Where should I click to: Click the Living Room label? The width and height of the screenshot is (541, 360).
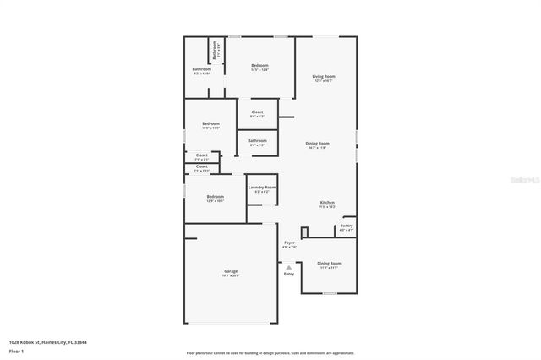[x=323, y=76]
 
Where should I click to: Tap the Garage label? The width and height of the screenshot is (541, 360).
[x=230, y=271]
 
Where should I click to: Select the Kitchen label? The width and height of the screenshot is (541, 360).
[x=327, y=202]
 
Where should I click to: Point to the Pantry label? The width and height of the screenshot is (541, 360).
[x=347, y=226]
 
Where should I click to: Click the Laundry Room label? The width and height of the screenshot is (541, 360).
[x=261, y=187]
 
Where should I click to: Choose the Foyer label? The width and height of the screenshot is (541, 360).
[x=289, y=243]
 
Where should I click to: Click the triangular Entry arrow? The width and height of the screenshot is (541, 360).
[x=288, y=266]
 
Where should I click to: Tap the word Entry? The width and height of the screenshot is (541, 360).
[x=289, y=274]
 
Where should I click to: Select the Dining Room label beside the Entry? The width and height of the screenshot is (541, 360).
[x=329, y=263]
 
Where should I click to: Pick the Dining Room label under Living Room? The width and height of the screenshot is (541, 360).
[x=317, y=144]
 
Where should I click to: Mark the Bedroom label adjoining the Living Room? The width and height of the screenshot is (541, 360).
[x=259, y=66]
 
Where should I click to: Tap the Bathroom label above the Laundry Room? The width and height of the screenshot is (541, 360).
[x=257, y=140]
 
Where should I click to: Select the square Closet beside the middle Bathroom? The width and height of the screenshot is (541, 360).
[x=257, y=112]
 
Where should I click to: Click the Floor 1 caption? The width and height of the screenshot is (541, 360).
[x=16, y=350]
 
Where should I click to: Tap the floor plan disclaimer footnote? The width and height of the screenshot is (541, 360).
[x=270, y=353]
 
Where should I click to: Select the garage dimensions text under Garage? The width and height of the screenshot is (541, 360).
[x=230, y=275]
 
